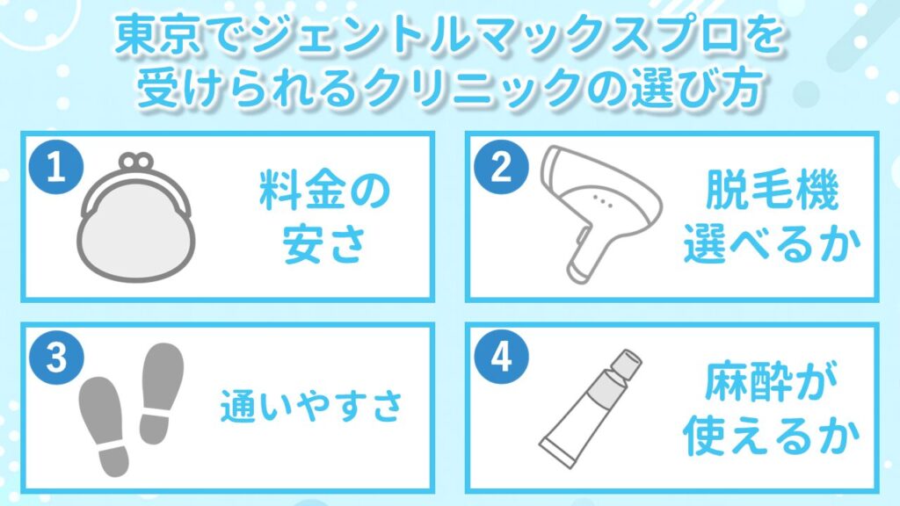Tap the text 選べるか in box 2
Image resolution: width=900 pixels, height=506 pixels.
pyautogui.click(x=768, y=249)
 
